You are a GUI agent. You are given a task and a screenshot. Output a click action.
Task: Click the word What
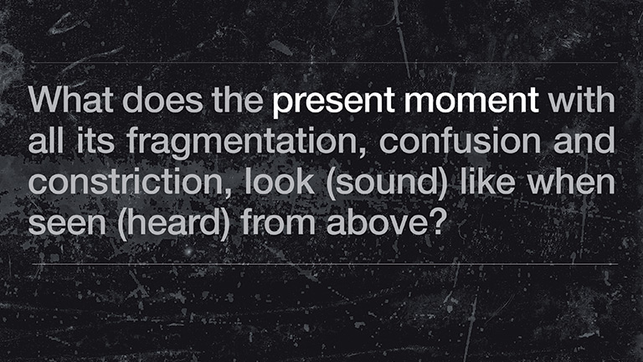tap(70, 100)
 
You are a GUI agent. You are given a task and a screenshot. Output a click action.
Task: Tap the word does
tap(162, 100)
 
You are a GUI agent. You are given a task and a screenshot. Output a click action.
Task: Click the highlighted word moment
tap(471, 101)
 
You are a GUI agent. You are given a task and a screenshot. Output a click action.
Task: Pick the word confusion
tap(460, 141)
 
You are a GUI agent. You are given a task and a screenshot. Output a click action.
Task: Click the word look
tap(280, 182)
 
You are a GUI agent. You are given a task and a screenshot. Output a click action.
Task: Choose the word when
tap(571, 182)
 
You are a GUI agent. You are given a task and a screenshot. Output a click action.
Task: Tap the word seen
tap(67, 223)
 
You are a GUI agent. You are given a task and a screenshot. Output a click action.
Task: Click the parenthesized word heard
tap(174, 225)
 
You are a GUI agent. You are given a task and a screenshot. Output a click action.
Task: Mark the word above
tap(377, 222)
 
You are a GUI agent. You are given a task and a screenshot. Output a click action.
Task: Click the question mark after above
tap(436, 222)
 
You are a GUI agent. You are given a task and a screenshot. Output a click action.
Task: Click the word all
tap(46, 141)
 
